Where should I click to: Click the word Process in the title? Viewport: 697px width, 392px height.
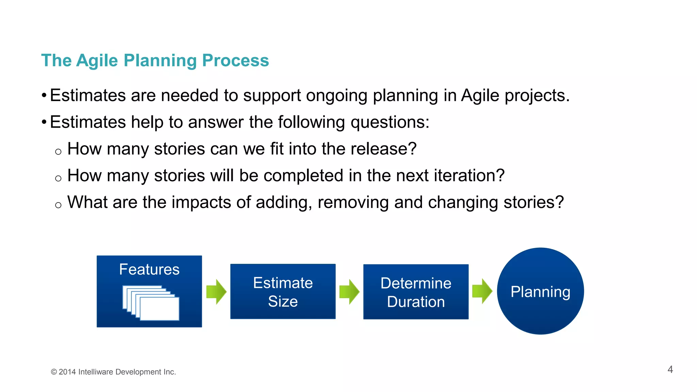[235, 61]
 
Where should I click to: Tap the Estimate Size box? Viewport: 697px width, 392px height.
[283, 292]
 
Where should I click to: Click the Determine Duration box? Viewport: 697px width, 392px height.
[416, 292]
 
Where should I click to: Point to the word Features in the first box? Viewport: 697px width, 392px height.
[149, 269]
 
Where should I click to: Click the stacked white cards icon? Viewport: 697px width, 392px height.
[151, 303]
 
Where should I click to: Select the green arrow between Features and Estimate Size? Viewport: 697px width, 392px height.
[216, 292]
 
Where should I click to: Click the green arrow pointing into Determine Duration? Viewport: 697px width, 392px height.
[350, 292]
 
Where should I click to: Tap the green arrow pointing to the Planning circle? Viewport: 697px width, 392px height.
[482, 291]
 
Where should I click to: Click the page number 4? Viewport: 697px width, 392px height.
[670, 370]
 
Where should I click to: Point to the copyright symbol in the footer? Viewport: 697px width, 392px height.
[54, 372]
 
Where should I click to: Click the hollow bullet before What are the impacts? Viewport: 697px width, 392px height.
[58, 205]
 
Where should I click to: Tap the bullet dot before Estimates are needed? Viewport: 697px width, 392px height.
[44, 95]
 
